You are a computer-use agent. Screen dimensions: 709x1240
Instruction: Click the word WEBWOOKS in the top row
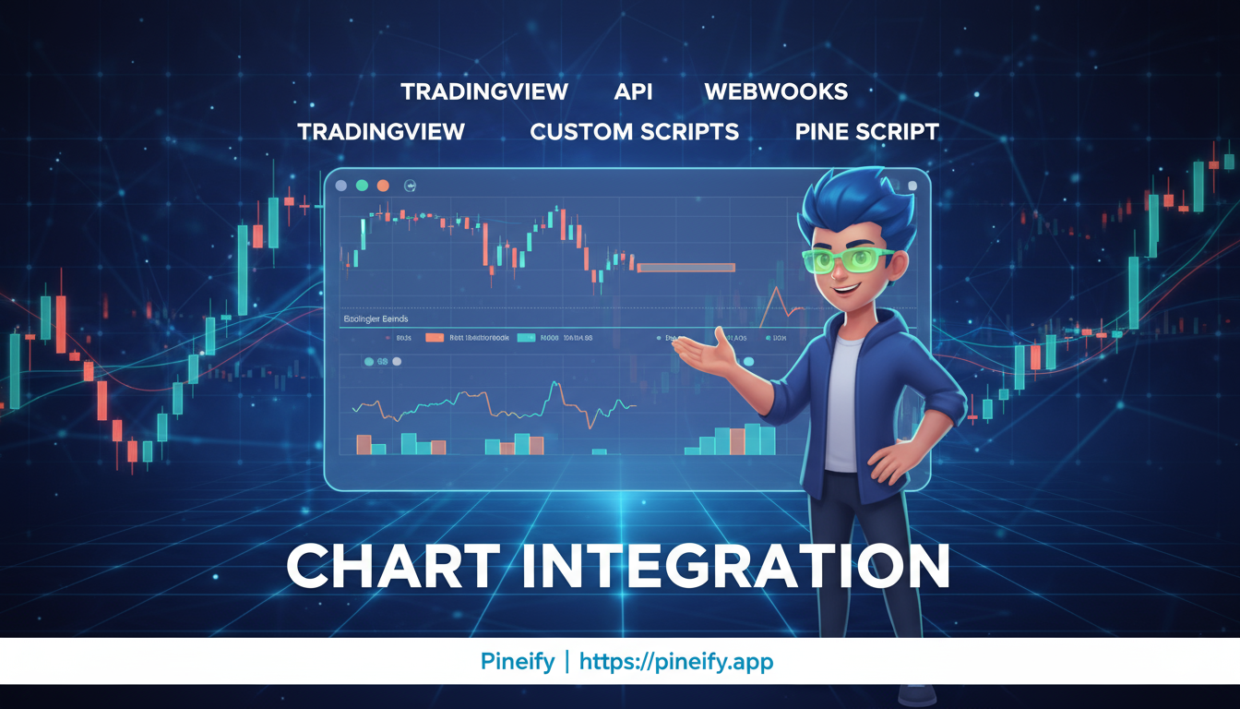(x=776, y=92)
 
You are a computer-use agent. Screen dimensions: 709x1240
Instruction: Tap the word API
(x=633, y=92)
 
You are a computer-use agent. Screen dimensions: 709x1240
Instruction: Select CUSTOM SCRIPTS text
(x=634, y=132)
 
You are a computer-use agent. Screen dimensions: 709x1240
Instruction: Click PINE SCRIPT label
(x=866, y=132)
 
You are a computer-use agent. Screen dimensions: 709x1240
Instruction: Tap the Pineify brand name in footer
(x=517, y=661)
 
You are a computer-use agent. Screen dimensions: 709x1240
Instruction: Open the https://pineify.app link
(x=676, y=661)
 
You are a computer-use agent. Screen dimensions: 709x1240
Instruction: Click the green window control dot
(x=362, y=186)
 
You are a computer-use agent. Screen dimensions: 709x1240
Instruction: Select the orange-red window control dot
(x=383, y=186)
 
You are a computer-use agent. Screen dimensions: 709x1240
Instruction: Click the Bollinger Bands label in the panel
(x=376, y=318)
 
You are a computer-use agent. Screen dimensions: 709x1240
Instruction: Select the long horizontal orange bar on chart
(x=686, y=268)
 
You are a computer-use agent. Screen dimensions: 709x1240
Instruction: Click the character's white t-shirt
(x=842, y=406)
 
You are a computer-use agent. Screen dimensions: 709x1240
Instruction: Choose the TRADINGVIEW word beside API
(x=483, y=92)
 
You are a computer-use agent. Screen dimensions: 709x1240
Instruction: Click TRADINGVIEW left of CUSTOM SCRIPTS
(x=381, y=132)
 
